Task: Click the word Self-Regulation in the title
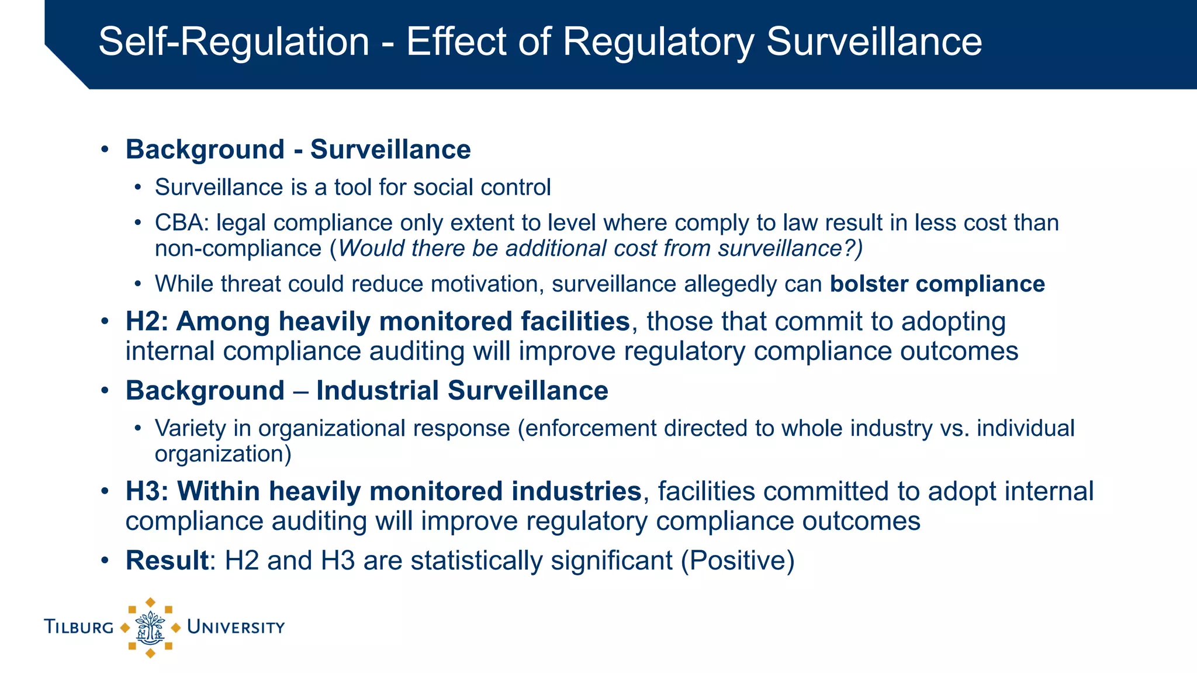234,42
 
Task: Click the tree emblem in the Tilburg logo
150,627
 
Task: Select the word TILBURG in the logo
79,627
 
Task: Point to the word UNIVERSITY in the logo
236,627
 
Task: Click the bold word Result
167,560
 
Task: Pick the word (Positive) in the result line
738,561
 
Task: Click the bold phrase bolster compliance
937,284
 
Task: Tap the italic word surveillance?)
790,248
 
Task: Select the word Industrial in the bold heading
378,390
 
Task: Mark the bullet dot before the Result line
105,560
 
